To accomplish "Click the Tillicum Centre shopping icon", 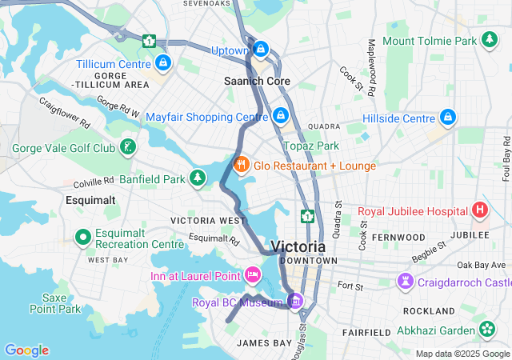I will pos(163,62).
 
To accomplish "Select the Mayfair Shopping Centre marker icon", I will pos(280,117).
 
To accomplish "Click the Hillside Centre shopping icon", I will pos(448,118).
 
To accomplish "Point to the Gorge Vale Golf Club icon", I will pos(127,148).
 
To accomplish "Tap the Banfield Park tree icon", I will pos(197,178).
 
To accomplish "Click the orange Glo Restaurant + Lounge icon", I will pos(241,165).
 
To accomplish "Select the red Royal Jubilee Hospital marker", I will pos(479,211).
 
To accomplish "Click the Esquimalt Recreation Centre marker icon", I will pos(82,238).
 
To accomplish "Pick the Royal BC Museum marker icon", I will pos(295,302).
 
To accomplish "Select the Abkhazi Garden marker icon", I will pos(487,329).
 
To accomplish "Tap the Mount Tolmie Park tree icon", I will pos(488,40).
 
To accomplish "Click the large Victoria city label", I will pos(298,246).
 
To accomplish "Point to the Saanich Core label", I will pos(256,82).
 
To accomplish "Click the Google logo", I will pos(26,350).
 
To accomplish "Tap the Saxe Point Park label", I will pos(56,302).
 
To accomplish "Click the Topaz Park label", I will pos(311,146).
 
